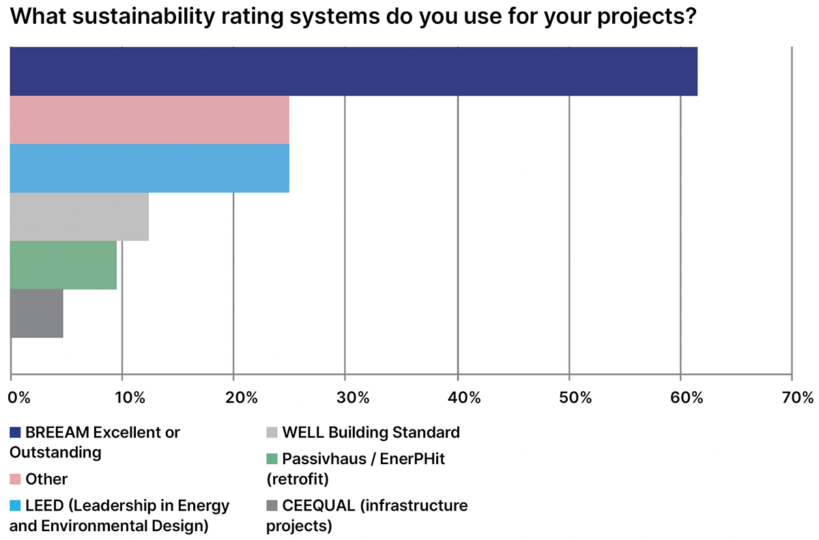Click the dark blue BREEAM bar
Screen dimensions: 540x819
pos(354,72)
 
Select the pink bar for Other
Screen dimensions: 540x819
pos(149,120)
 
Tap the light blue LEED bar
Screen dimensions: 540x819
pos(149,169)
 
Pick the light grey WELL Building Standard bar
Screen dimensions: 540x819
pos(79,217)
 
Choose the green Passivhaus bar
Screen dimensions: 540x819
pos(63,266)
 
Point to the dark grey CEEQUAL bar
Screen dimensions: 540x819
pos(37,313)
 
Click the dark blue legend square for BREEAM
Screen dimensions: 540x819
pos(15,433)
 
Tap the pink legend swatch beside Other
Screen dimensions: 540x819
pos(15,480)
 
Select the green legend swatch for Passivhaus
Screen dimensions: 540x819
pos(272,459)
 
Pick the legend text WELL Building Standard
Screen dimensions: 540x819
pos(371,432)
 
